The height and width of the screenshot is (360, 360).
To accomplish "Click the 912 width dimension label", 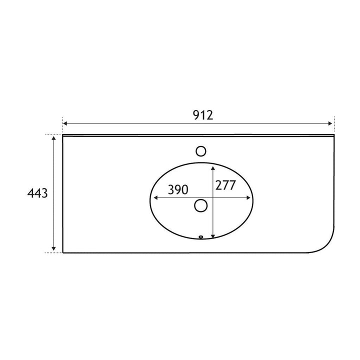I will (x=203, y=115).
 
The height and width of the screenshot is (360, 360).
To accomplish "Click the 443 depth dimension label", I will (x=37, y=193).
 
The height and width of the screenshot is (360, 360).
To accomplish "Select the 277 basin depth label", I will (x=225, y=185).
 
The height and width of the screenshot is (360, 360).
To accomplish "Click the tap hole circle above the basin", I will (x=201, y=151).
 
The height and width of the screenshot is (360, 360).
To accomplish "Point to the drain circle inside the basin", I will (x=201, y=205).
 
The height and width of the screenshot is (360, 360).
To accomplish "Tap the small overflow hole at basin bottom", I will (x=201, y=237).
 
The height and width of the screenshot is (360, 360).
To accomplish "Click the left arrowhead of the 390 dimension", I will (x=154, y=197).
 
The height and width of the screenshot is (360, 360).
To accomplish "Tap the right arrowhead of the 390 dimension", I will (x=249, y=197).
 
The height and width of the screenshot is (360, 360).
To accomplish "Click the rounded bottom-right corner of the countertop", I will (x=327, y=245).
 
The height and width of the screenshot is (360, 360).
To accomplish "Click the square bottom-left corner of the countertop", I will (x=63, y=252).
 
